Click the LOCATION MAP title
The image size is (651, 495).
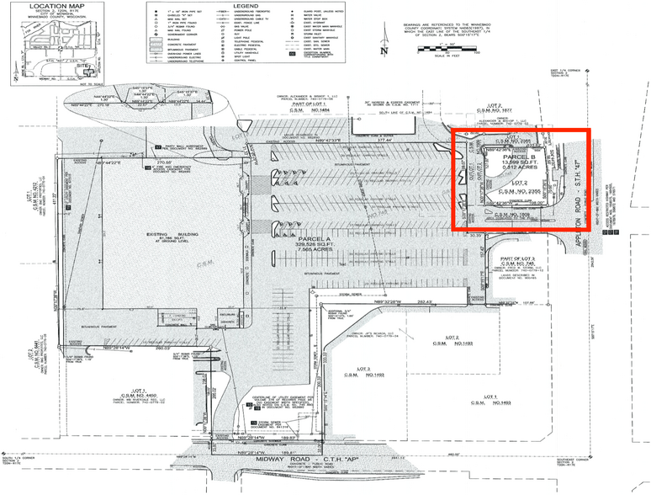click(x=45, y=6)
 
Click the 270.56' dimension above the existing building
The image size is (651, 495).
click(x=163, y=161)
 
